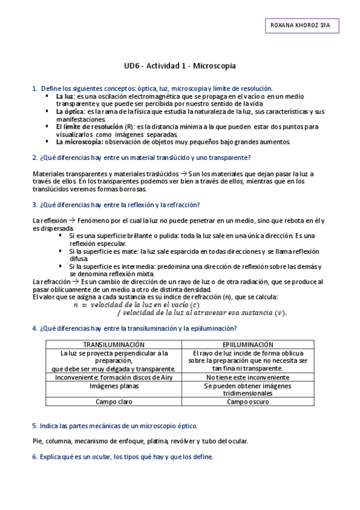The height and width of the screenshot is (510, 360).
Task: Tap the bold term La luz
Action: tap(65, 96)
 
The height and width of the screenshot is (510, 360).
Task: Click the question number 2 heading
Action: tap(141, 158)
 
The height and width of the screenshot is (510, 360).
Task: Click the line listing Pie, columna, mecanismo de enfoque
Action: tap(140, 441)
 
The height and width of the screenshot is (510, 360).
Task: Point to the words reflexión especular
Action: tap(94, 244)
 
